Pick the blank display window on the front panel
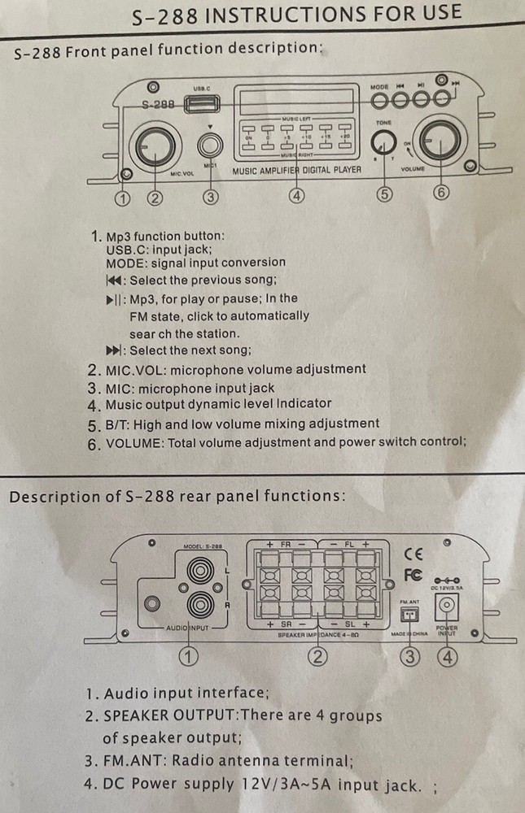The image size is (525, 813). click(x=296, y=102)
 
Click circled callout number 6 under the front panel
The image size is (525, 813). click(x=441, y=193)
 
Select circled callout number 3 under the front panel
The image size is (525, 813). click(x=210, y=196)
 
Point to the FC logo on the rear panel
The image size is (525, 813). click(x=413, y=575)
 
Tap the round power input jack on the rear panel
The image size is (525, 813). click(x=447, y=605)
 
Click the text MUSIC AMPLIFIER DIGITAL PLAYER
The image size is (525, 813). click(x=296, y=171)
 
